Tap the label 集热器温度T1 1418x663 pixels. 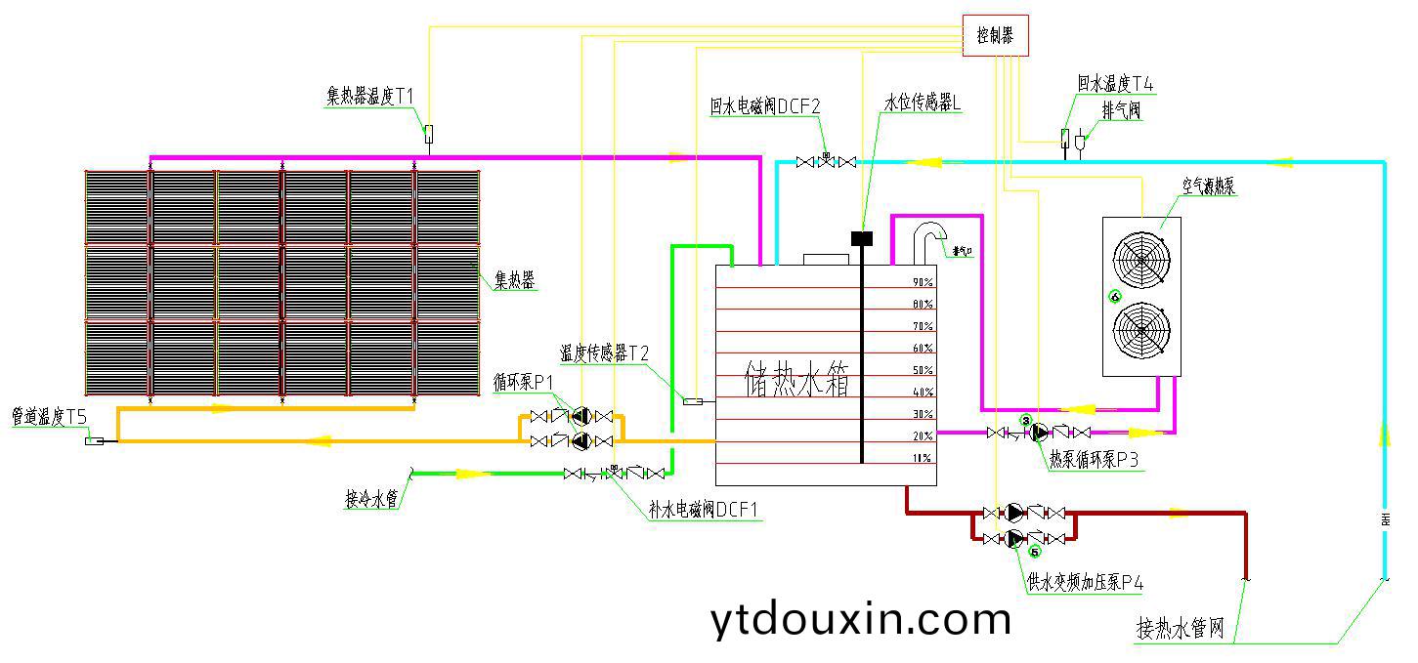(370, 96)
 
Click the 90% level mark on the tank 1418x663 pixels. (922, 282)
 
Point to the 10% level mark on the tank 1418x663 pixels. (922, 458)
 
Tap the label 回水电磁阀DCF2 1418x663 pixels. (764, 106)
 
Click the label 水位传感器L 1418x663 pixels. (923, 103)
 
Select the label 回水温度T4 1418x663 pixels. (1115, 85)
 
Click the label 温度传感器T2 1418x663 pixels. (604, 352)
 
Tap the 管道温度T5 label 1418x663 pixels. (49, 417)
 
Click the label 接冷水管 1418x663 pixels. (371, 500)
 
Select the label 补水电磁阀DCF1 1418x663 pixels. (703, 510)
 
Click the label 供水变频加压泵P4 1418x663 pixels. (1085, 583)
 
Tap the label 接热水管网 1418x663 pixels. (1180, 628)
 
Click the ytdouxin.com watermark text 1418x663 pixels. (860, 618)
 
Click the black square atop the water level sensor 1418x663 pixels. (861, 237)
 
